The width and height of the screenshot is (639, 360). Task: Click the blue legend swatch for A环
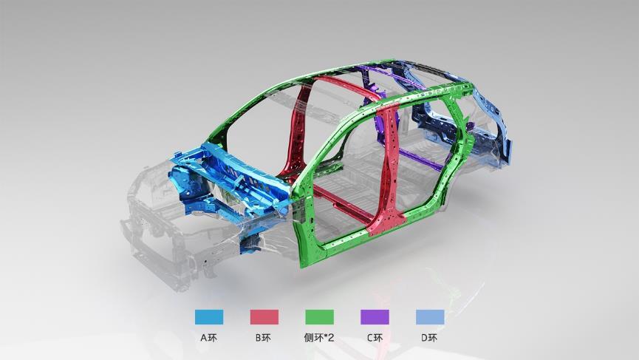(209, 317)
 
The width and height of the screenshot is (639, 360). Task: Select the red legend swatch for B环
(264, 317)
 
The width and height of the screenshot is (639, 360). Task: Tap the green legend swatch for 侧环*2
(319, 317)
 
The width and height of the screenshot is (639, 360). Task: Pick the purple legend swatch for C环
(375, 317)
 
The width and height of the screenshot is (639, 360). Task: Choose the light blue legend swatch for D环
(430, 317)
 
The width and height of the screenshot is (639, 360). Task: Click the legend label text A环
(208, 338)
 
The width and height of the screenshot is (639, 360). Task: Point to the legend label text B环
(263, 338)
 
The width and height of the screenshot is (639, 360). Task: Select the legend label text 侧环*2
(319, 338)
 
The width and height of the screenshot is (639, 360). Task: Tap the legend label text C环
(375, 338)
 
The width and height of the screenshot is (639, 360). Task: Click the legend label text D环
(429, 338)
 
